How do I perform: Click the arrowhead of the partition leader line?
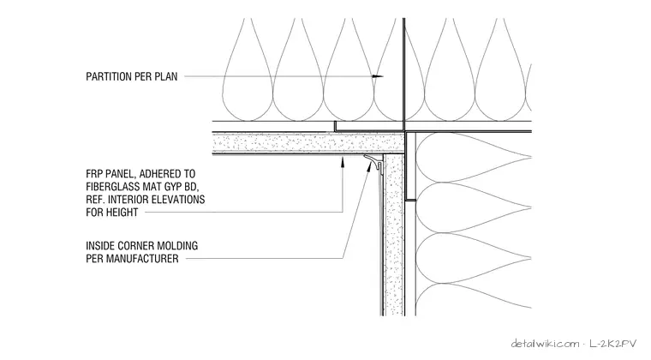(378, 76)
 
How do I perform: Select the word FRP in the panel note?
(95, 173)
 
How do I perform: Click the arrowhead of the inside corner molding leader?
(369, 165)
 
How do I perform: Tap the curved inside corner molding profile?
(375, 161)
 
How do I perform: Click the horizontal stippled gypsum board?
(308, 143)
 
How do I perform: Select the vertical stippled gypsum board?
(393, 235)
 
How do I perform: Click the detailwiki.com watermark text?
(545, 344)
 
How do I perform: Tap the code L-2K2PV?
(612, 344)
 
